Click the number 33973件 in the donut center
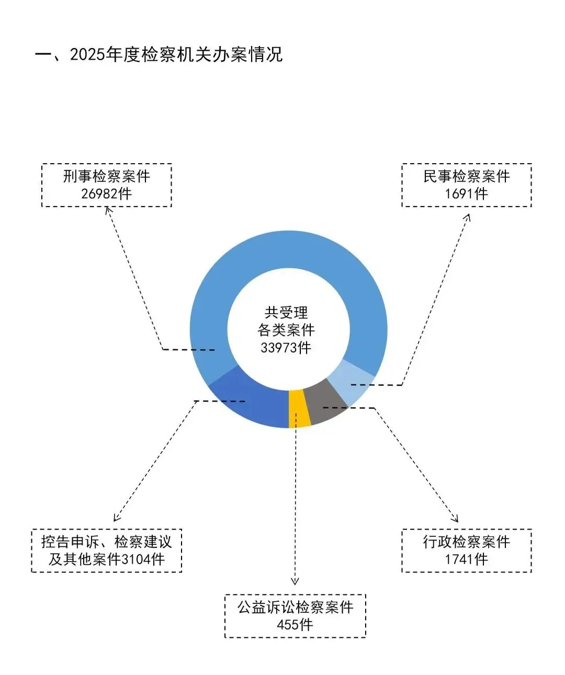(286, 348)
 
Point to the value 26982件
(106, 194)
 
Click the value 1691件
(466, 194)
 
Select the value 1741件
(466, 559)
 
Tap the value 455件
(295, 625)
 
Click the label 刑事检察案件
(106, 176)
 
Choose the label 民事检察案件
(466, 176)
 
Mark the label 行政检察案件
(466, 542)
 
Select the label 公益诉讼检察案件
(295, 607)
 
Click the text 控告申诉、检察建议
(106, 542)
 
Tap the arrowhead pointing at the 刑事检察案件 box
(108, 210)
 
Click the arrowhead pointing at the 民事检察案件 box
(467, 216)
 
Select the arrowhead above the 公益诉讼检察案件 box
(295, 580)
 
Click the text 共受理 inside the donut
(286, 313)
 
